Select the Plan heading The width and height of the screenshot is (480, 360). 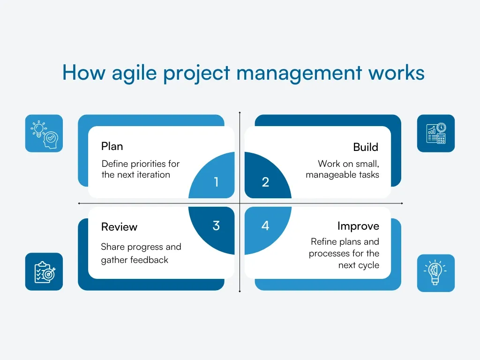112,146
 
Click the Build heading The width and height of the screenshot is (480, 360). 366,147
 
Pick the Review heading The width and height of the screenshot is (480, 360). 119,227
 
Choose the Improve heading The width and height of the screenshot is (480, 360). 358,226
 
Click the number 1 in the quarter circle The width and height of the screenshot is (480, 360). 216,182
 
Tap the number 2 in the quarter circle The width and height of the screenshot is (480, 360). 265,182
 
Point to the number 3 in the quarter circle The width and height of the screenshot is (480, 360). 216,225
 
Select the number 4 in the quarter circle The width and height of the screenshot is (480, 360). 265,225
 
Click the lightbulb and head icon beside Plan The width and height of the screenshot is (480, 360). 44,133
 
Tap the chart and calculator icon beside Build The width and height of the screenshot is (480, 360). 436,133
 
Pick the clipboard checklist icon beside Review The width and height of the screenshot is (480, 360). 44,271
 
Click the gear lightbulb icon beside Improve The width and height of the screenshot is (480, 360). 436,273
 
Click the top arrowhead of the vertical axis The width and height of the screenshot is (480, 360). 240,113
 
